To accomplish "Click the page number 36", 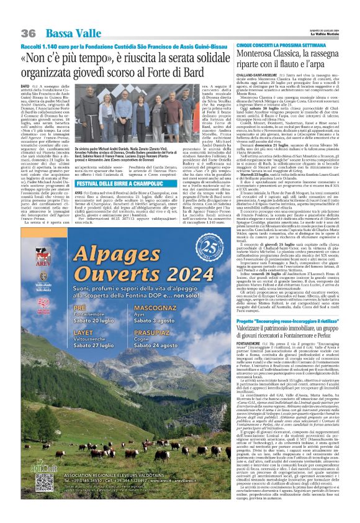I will [29, 33].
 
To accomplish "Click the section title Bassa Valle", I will [68, 33].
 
